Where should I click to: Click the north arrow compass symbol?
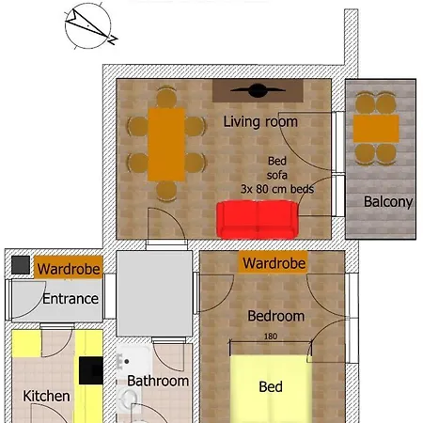click(88, 25)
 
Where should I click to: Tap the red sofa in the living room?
click(258, 220)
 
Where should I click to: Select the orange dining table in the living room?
click(166, 145)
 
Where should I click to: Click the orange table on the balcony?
click(376, 129)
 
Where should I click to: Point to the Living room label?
click(260, 121)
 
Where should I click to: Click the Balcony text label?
click(388, 202)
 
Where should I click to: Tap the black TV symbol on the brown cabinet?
click(258, 90)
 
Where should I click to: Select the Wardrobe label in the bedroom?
click(274, 263)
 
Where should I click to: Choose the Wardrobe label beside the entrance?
click(69, 269)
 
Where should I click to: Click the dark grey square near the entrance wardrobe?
click(21, 265)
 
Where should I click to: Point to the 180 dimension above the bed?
click(271, 337)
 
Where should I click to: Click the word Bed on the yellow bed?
click(271, 386)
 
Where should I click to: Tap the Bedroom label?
click(275, 316)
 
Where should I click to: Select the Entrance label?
click(70, 299)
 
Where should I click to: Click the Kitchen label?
click(46, 396)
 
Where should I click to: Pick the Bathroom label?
click(158, 381)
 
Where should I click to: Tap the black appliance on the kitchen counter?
click(91, 370)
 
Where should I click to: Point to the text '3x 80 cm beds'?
click(277, 189)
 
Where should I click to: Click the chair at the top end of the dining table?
click(166, 98)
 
